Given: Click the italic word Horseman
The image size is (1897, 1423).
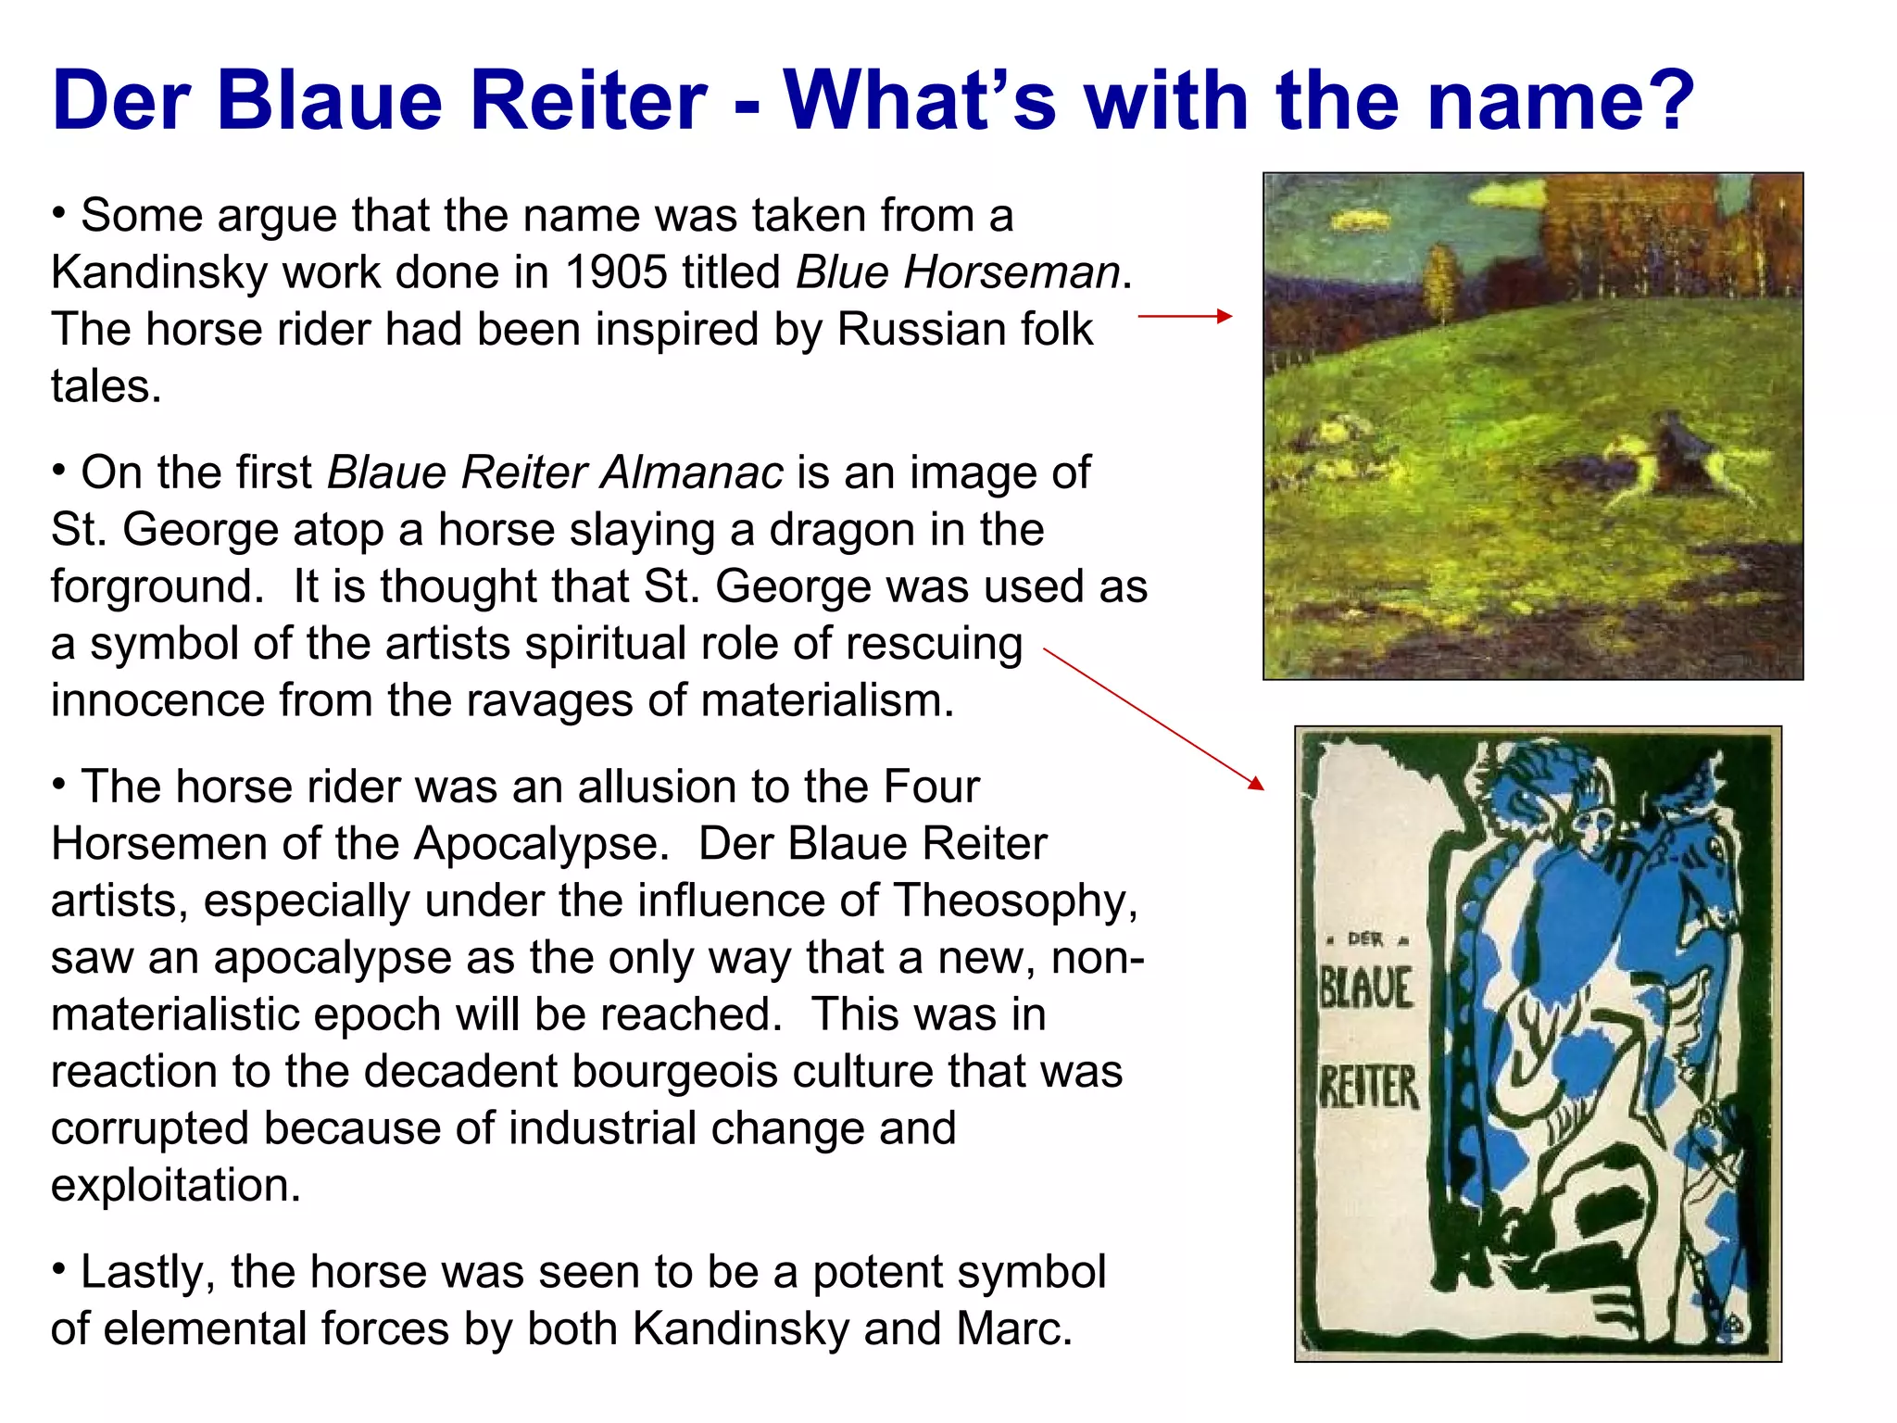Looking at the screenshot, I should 1011,272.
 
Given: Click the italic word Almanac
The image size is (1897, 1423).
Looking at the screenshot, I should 692,472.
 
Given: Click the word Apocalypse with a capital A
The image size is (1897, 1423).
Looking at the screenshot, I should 540,844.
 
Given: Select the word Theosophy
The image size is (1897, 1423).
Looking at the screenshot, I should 1014,900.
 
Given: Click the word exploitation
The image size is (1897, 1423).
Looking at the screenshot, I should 175,1186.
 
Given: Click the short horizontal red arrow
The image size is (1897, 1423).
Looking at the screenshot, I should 1185,316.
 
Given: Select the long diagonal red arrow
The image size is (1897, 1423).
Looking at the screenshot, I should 1153,719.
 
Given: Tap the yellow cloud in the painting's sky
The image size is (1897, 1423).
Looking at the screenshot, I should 1362,220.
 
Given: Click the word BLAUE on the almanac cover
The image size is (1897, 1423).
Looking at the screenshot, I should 1365,988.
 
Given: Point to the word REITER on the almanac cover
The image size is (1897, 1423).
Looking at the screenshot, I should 1368,1087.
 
